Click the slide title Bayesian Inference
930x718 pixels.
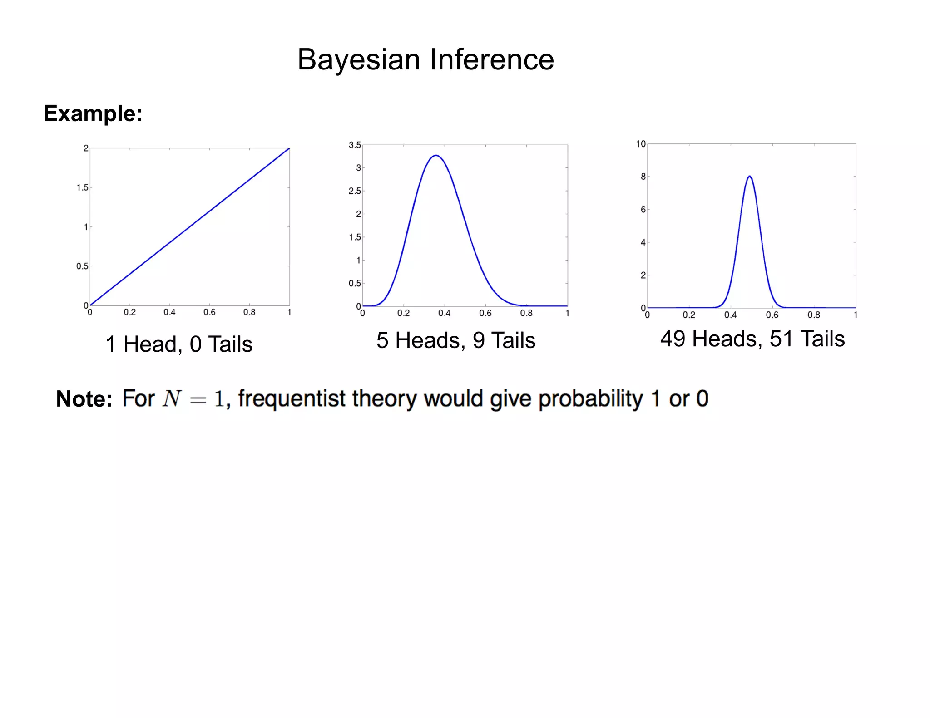(x=425, y=59)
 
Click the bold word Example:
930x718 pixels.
(x=93, y=113)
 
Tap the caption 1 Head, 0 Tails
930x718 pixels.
(x=179, y=344)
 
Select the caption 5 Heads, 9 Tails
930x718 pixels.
(x=456, y=340)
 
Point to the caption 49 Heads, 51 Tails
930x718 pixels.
(x=752, y=339)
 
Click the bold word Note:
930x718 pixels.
(x=84, y=399)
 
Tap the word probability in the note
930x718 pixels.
(x=590, y=399)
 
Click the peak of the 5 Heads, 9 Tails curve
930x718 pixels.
(x=436, y=156)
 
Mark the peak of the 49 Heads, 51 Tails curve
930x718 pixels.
(x=749, y=176)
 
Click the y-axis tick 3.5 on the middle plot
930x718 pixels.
(x=355, y=145)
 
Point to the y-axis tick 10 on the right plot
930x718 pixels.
(x=641, y=144)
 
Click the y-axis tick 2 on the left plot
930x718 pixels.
(x=86, y=148)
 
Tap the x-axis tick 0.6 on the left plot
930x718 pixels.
(x=209, y=312)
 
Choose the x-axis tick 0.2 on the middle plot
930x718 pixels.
(x=403, y=313)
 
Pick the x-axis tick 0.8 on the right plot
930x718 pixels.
(x=814, y=315)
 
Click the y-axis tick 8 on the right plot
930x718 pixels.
(x=643, y=177)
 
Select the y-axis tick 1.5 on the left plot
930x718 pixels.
(x=82, y=187)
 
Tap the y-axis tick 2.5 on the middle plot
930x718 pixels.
(x=355, y=191)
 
